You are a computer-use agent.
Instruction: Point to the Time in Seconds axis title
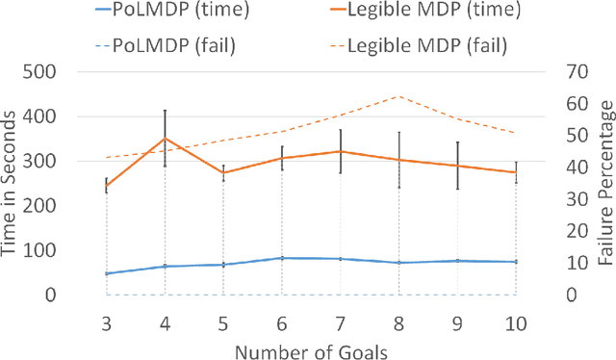click(13, 183)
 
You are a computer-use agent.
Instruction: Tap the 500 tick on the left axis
click(64, 72)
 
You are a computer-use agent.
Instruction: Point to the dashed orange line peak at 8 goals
click(398, 96)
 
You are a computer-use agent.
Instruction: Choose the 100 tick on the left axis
click(64, 250)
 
